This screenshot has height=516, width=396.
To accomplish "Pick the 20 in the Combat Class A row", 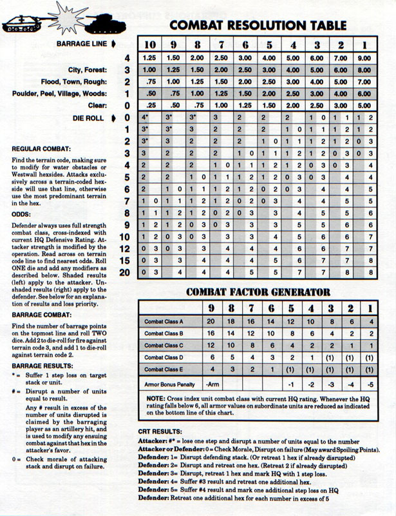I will [x=212, y=321].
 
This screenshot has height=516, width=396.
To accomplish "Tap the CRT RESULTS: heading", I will [x=162, y=431].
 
